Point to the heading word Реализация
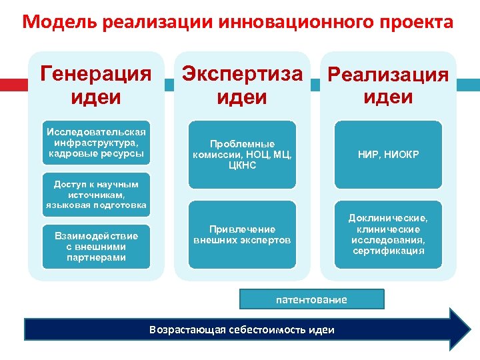pyautogui.click(x=389, y=75)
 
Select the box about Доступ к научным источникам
pyautogui.click(x=96, y=194)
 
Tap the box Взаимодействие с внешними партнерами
pyautogui.click(x=96, y=247)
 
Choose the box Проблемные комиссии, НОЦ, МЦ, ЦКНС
pyautogui.click(x=242, y=154)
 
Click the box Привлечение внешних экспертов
pyautogui.click(x=242, y=234)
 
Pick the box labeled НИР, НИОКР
pyautogui.click(x=389, y=154)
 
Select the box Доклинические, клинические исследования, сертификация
pyautogui.click(x=389, y=234)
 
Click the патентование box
pyautogui.click(x=311, y=299)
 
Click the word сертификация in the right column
pyautogui.click(x=389, y=251)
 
